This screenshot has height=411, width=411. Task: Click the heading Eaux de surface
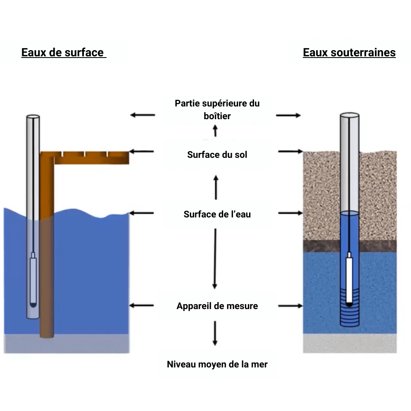[63, 53]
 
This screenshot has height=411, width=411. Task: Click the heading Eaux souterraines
[349, 53]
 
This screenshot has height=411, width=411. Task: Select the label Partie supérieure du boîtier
[217, 109]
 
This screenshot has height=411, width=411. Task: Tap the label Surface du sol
[217, 155]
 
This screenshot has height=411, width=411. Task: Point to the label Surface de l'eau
[217, 214]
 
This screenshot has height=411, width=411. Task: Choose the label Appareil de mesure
[217, 306]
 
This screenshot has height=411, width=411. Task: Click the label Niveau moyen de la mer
[217, 364]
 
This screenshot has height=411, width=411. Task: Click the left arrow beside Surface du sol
[142, 152]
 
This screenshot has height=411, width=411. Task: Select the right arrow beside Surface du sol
[290, 152]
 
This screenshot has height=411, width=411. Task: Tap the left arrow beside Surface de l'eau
[142, 213]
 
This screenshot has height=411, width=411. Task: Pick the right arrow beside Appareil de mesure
[290, 306]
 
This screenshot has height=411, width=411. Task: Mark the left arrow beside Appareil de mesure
[142, 305]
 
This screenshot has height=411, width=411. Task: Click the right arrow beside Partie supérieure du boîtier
[288, 115]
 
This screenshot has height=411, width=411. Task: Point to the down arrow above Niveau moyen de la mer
[215, 333]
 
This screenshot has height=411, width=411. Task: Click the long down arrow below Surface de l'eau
[215, 259]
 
